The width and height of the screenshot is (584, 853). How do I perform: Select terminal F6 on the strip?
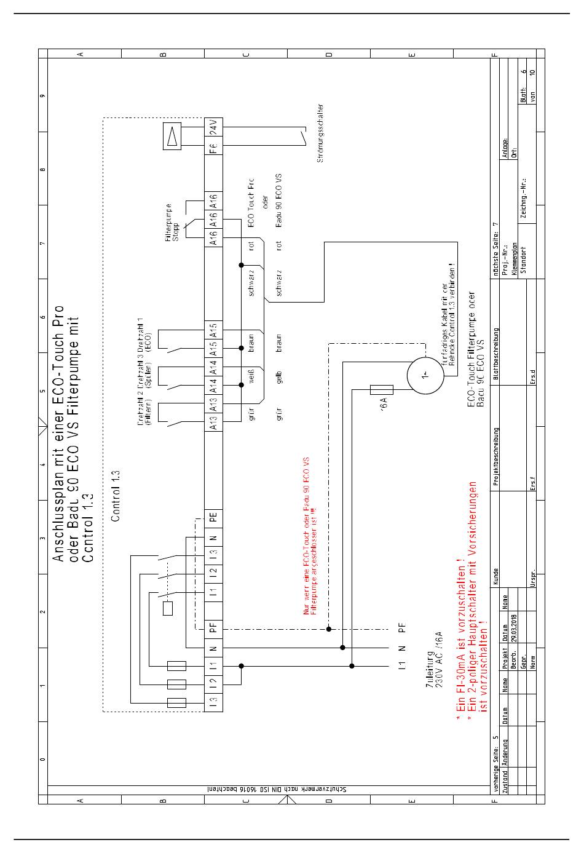tap(214, 148)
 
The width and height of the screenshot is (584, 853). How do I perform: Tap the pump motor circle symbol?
tap(425, 374)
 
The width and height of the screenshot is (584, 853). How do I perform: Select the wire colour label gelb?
tap(279, 376)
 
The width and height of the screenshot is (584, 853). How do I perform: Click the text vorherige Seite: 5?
tap(496, 760)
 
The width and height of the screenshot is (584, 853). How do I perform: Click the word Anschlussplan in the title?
tap(60, 495)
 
